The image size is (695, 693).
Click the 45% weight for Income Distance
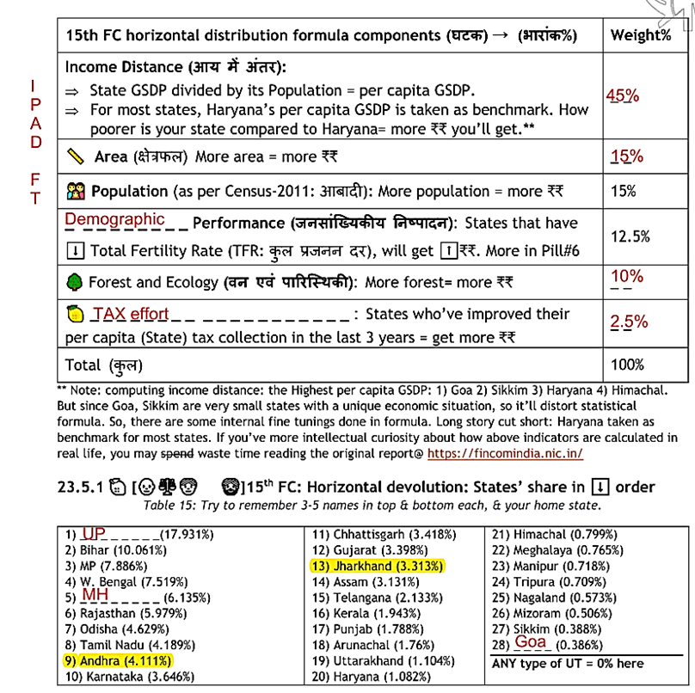[623, 95]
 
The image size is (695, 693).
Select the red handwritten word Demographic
[114, 219]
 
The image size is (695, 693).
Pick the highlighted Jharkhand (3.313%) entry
[377, 566]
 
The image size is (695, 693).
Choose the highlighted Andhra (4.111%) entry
[117, 660]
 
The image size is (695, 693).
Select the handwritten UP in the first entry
[93, 534]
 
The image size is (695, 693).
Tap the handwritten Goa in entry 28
[531, 642]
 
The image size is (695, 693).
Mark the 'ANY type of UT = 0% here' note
[567, 663]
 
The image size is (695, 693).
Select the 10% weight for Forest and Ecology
[627, 276]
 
